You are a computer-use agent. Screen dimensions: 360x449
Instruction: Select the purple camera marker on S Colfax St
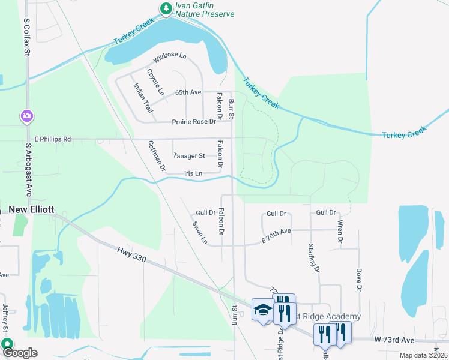point(27,115)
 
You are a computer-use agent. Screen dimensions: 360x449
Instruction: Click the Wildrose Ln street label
point(170,58)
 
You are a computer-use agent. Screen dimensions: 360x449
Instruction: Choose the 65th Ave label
point(188,92)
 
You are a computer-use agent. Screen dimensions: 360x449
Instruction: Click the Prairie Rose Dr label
point(193,121)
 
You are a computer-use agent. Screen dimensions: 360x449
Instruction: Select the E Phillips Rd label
point(52,139)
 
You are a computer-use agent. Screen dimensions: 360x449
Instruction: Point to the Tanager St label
point(189,155)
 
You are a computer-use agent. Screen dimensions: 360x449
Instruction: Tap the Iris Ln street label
point(193,173)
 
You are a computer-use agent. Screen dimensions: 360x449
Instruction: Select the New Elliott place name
point(31,210)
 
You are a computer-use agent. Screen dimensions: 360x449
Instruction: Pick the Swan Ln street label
point(199,233)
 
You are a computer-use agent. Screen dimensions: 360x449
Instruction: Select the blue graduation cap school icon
point(262,310)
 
